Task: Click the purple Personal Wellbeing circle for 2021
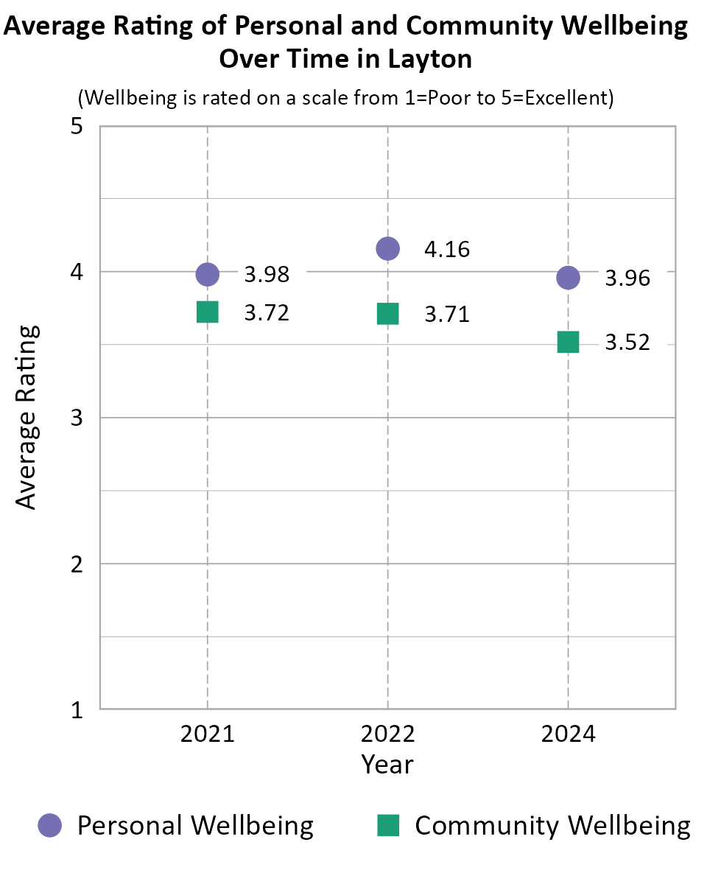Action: point(208,274)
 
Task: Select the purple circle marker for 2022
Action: point(388,249)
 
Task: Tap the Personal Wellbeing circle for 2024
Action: point(568,278)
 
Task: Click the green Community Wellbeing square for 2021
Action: point(208,312)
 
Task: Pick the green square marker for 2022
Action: point(388,314)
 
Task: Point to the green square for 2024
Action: point(568,342)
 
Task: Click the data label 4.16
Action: point(447,250)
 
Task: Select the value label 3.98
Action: point(267,275)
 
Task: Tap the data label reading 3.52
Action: point(627,343)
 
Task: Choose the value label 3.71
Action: point(447,315)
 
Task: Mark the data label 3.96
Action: point(627,278)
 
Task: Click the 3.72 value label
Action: point(267,313)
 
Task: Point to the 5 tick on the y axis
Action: point(76,127)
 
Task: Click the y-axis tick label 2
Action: point(76,564)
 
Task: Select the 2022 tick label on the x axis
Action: point(388,734)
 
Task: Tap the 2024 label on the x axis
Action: point(568,734)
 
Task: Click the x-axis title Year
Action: point(387,765)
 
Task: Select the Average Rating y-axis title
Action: point(27,417)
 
